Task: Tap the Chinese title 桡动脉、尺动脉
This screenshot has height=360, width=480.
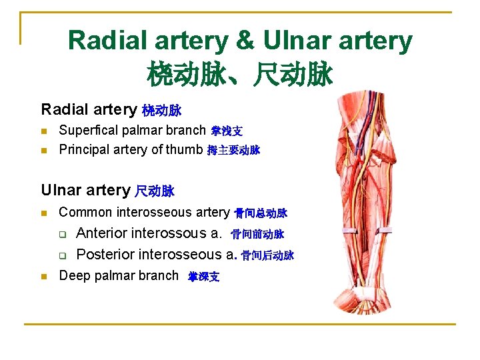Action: pyautogui.click(x=239, y=75)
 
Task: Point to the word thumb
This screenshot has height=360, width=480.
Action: pyautogui.click(x=184, y=149)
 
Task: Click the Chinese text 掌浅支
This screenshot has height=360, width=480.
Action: pyautogui.click(x=227, y=131)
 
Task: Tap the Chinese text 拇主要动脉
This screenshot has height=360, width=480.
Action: pyautogui.click(x=233, y=150)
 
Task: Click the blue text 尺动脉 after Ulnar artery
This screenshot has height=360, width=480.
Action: pyautogui.click(x=155, y=191)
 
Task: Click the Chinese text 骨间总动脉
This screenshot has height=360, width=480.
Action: pyautogui.click(x=261, y=213)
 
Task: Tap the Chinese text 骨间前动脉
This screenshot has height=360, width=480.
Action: pyautogui.click(x=257, y=235)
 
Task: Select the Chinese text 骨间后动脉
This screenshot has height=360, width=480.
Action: pyautogui.click(x=267, y=255)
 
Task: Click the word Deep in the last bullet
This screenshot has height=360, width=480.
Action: pyautogui.click(x=74, y=275)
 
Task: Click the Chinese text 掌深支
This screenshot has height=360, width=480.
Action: pyautogui.click(x=203, y=277)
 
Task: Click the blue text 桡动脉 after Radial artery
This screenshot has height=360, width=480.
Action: pyautogui.click(x=162, y=109)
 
